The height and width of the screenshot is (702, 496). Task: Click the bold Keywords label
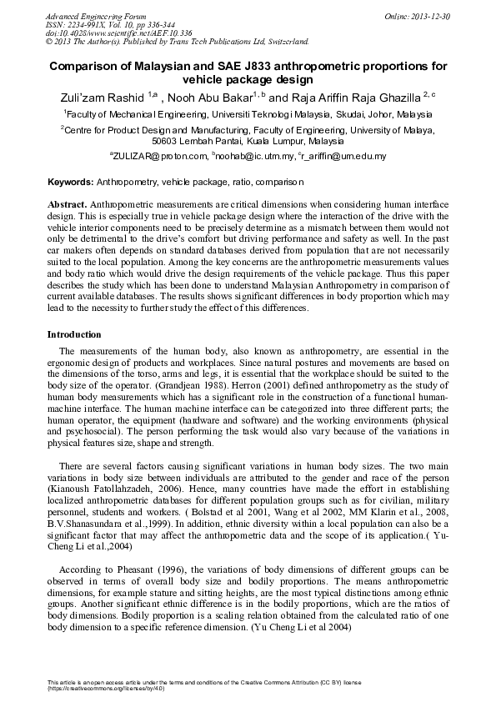[71, 181]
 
